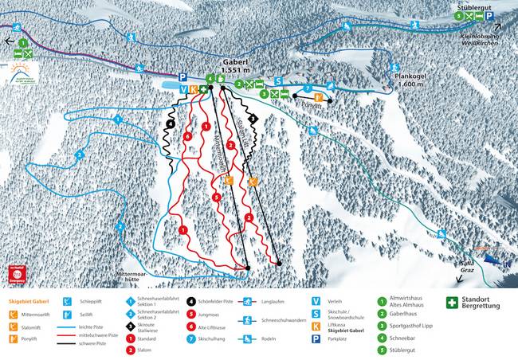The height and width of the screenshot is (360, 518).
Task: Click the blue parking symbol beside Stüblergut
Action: coord(489,16)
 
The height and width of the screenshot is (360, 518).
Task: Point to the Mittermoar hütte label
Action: coord(131,278)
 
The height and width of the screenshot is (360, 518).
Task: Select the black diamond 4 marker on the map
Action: coord(171,124)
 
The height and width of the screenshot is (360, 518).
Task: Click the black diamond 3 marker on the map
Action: coord(253,118)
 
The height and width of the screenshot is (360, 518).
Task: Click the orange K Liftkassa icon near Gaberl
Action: coord(193,89)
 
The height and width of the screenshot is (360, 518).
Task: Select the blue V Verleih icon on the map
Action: coord(183,89)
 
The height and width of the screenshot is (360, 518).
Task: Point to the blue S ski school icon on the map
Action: coord(279,81)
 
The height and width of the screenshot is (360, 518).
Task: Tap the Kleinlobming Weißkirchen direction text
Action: coord(476,38)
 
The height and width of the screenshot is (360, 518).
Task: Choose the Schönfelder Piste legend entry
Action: coord(216,302)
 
